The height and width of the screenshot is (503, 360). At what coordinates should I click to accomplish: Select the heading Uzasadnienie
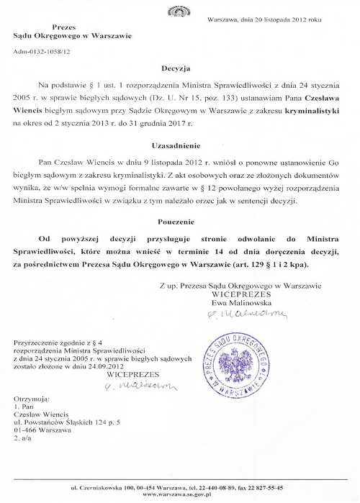pos(180,145)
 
